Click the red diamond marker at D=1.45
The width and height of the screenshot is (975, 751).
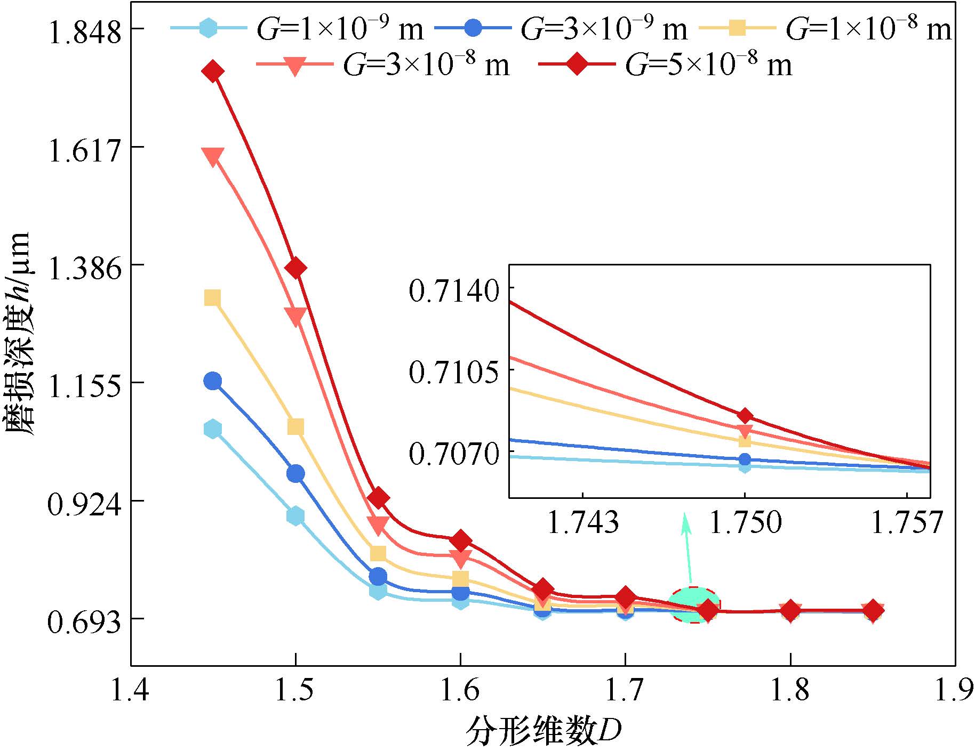click(213, 71)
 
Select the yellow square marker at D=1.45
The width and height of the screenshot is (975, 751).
click(213, 298)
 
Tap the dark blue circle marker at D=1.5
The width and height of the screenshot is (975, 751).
click(295, 473)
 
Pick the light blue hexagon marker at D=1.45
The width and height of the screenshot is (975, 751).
click(213, 429)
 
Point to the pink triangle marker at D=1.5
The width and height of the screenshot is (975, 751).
click(295, 316)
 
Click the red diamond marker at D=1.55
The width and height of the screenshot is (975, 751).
click(378, 497)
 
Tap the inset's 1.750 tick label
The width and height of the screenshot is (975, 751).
click(745, 522)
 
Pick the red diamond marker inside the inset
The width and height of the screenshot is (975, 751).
click(745, 416)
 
